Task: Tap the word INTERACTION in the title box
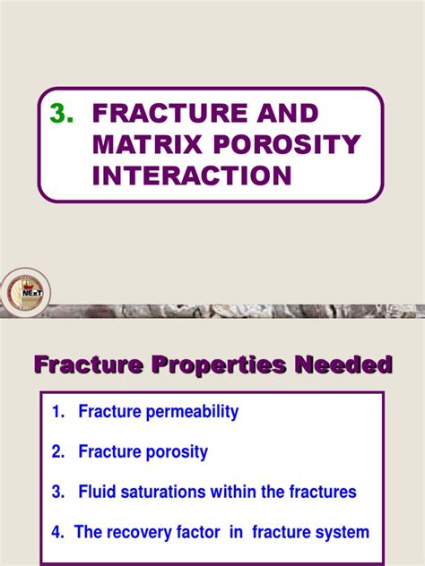(192, 175)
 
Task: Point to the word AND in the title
(284, 115)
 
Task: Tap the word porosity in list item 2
(178, 452)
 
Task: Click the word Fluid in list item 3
(97, 492)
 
